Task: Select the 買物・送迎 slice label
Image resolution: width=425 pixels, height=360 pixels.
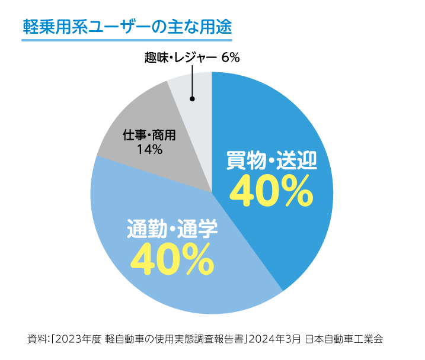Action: point(272,160)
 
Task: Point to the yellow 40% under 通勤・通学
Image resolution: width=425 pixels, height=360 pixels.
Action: point(172,259)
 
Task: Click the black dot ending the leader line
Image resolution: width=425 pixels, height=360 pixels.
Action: point(191,99)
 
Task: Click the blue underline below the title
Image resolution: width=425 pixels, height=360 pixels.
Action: point(126,41)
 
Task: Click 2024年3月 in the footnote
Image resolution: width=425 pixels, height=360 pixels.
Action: point(274,339)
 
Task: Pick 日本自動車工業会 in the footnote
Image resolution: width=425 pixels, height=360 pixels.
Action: point(344,339)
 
